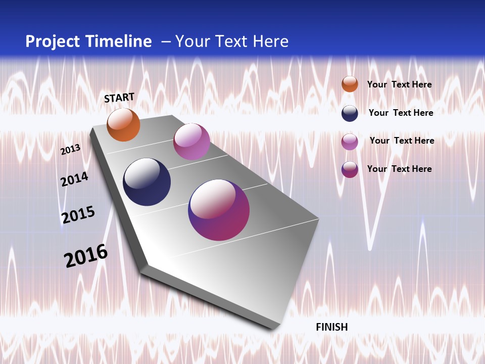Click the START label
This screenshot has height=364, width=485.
click(x=119, y=98)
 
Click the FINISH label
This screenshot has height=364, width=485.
click(x=332, y=327)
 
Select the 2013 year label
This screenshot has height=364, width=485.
click(x=71, y=149)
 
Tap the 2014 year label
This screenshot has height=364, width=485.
click(x=75, y=179)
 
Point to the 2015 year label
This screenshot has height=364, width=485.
click(x=78, y=214)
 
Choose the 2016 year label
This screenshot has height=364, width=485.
click(x=86, y=256)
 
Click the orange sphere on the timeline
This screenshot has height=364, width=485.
click(x=123, y=125)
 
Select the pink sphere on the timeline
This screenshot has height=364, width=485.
click(x=191, y=142)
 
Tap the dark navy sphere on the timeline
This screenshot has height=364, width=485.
click(x=147, y=182)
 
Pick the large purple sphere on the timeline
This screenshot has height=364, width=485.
click(x=219, y=210)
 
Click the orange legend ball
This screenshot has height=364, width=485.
click(x=350, y=84)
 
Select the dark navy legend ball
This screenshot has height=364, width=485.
click(x=350, y=113)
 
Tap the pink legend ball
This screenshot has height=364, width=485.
click(x=350, y=142)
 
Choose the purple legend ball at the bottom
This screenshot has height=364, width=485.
click(x=350, y=169)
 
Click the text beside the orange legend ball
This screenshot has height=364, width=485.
click(x=399, y=84)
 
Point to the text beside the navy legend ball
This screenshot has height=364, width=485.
click(x=401, y=113)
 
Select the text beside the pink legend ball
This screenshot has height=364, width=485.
click(x=402, y=141)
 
